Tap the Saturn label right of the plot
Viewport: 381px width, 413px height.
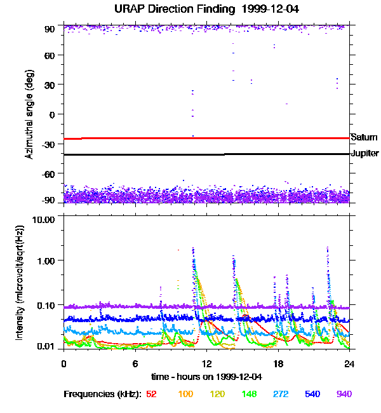point(364,137)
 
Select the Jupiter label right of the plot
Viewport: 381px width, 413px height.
point(364,154)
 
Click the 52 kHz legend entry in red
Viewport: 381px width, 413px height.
point(151,394)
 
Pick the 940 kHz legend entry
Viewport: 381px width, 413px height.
point(344,394)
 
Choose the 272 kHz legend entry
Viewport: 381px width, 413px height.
point(279,394)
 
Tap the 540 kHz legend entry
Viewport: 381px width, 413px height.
point(312,394)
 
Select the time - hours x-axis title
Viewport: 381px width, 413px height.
point(206,376)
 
